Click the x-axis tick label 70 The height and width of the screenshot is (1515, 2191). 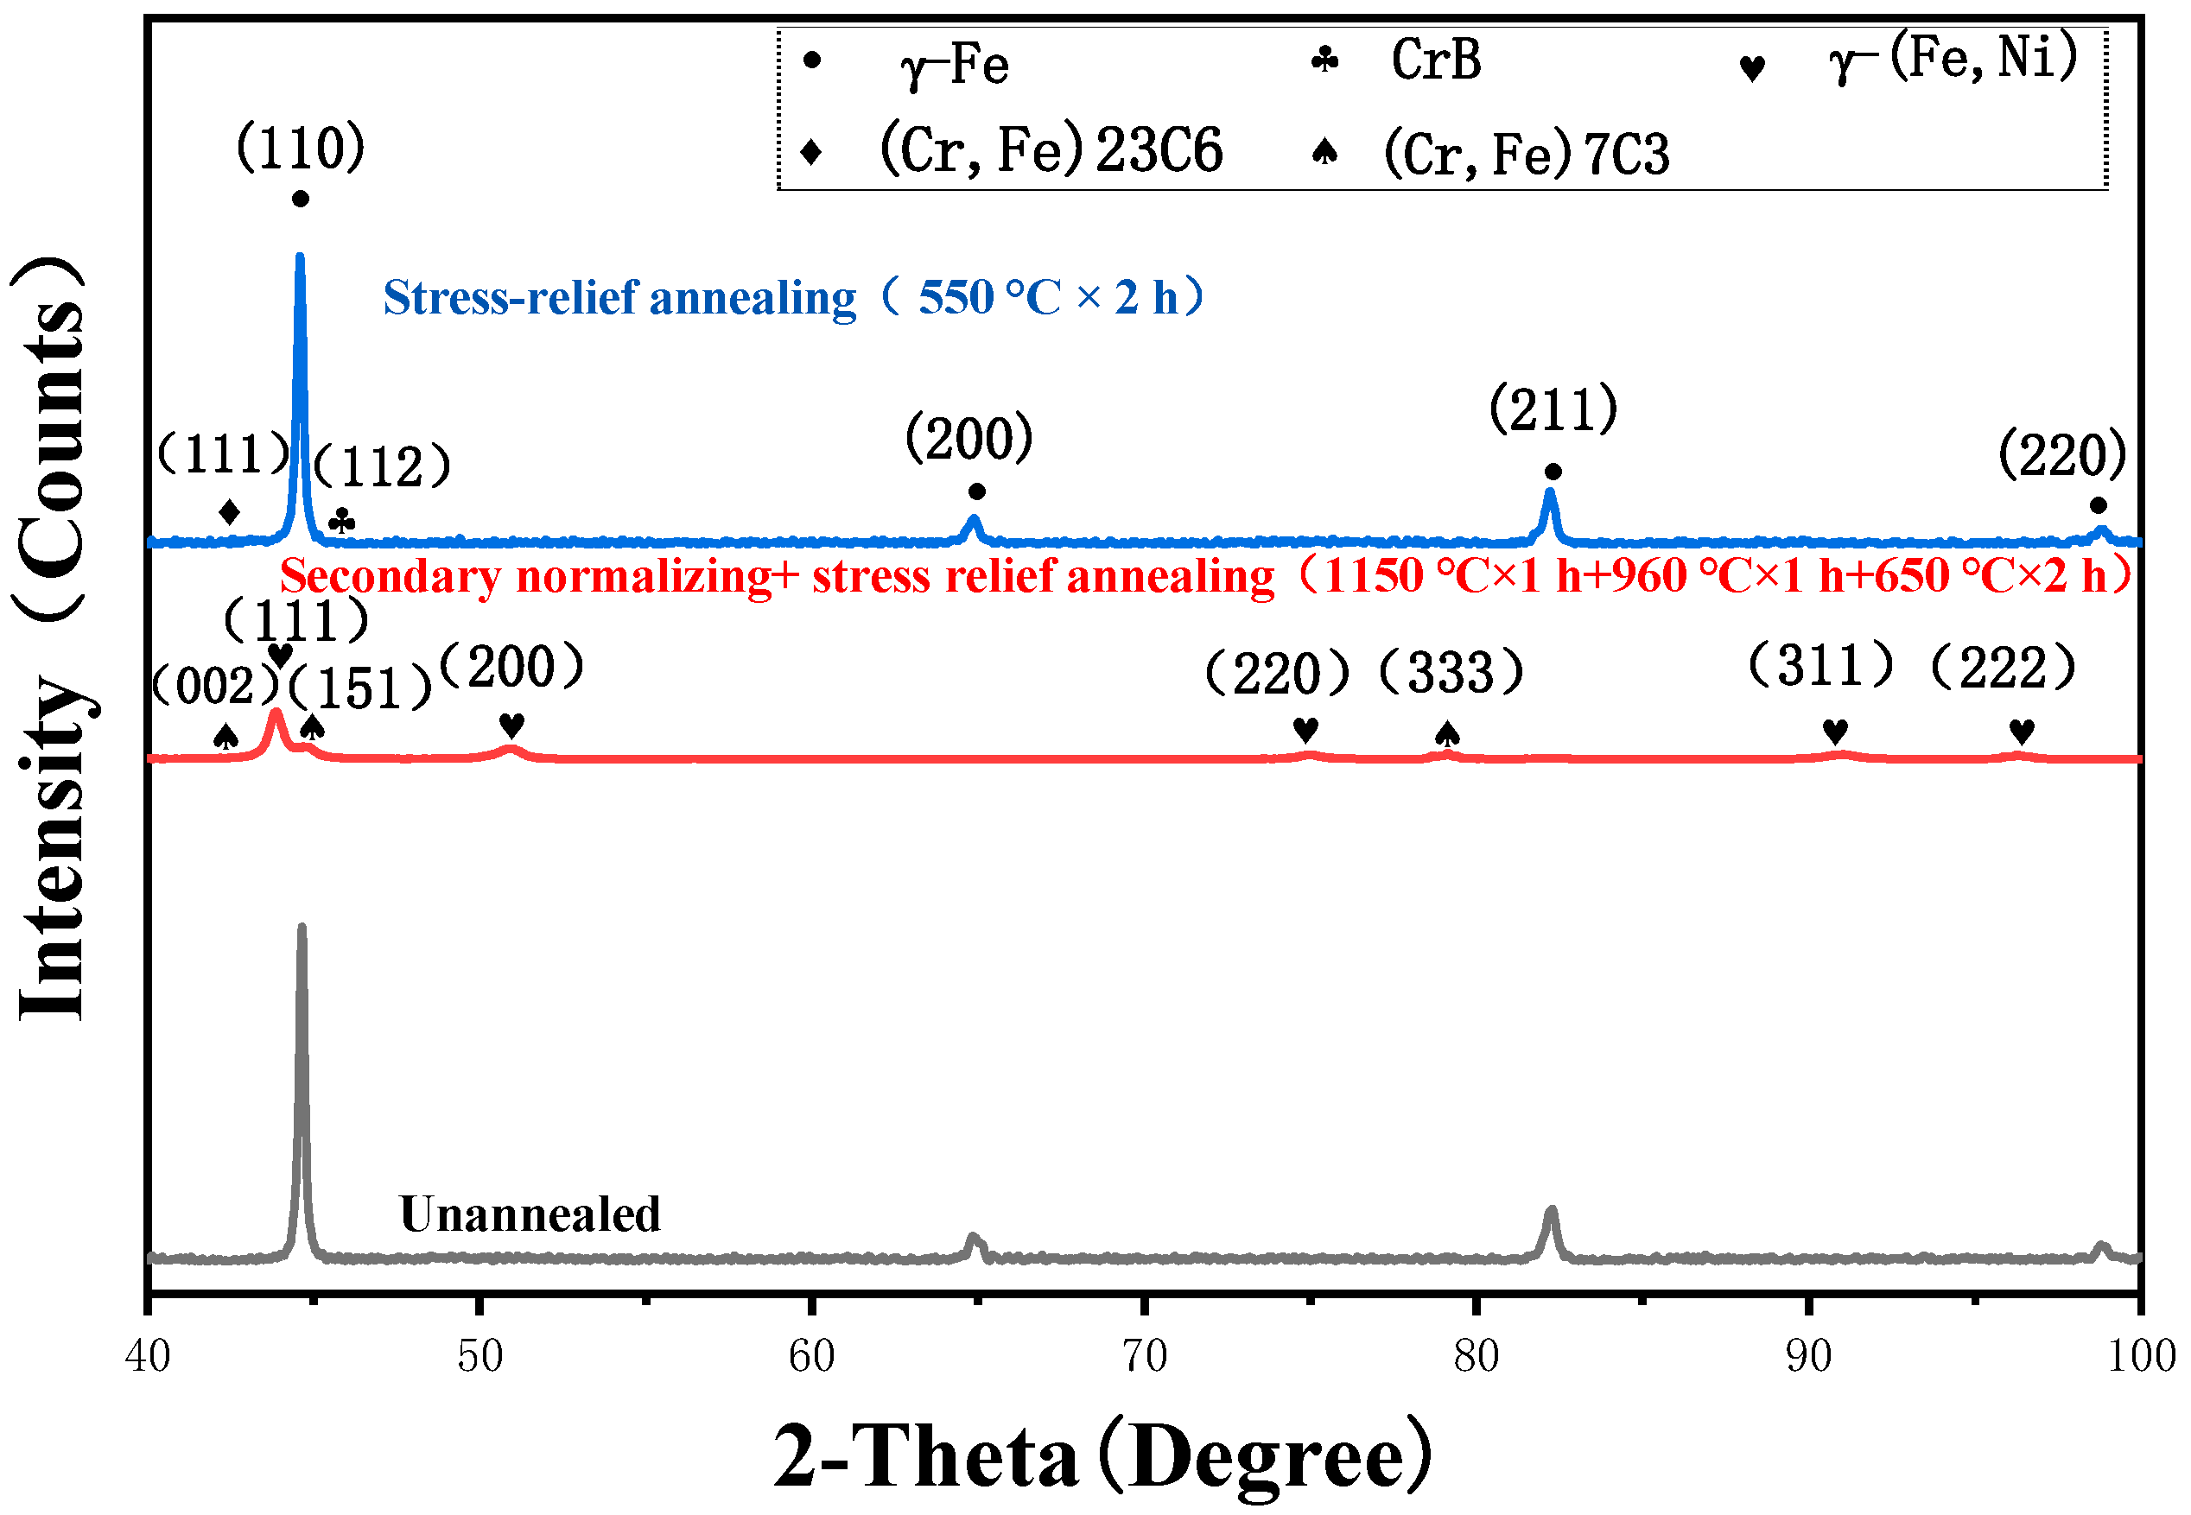tap(1144, 1356)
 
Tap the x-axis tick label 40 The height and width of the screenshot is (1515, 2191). tap(148, 1356)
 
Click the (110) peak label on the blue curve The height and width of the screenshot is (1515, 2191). tap(300, 148)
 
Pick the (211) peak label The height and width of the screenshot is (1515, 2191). tap(1553, 410)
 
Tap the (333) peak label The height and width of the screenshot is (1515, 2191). tap(1451, 673)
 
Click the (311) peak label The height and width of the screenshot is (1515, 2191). tap(1820, 664)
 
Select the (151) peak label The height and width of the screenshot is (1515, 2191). tap(361, 688)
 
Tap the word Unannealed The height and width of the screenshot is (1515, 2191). tap(530, 1214)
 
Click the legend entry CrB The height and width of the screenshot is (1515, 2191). tap(1435, 60)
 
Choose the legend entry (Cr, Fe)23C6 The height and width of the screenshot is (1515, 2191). tap(1051, 152)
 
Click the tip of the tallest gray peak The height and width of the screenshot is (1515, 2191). tap(302, 927)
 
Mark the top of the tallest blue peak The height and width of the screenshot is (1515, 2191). tap(300, 257)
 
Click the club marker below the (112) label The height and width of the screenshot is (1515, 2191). tap(343, 521)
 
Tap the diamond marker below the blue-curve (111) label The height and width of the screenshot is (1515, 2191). tap(229, 512)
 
